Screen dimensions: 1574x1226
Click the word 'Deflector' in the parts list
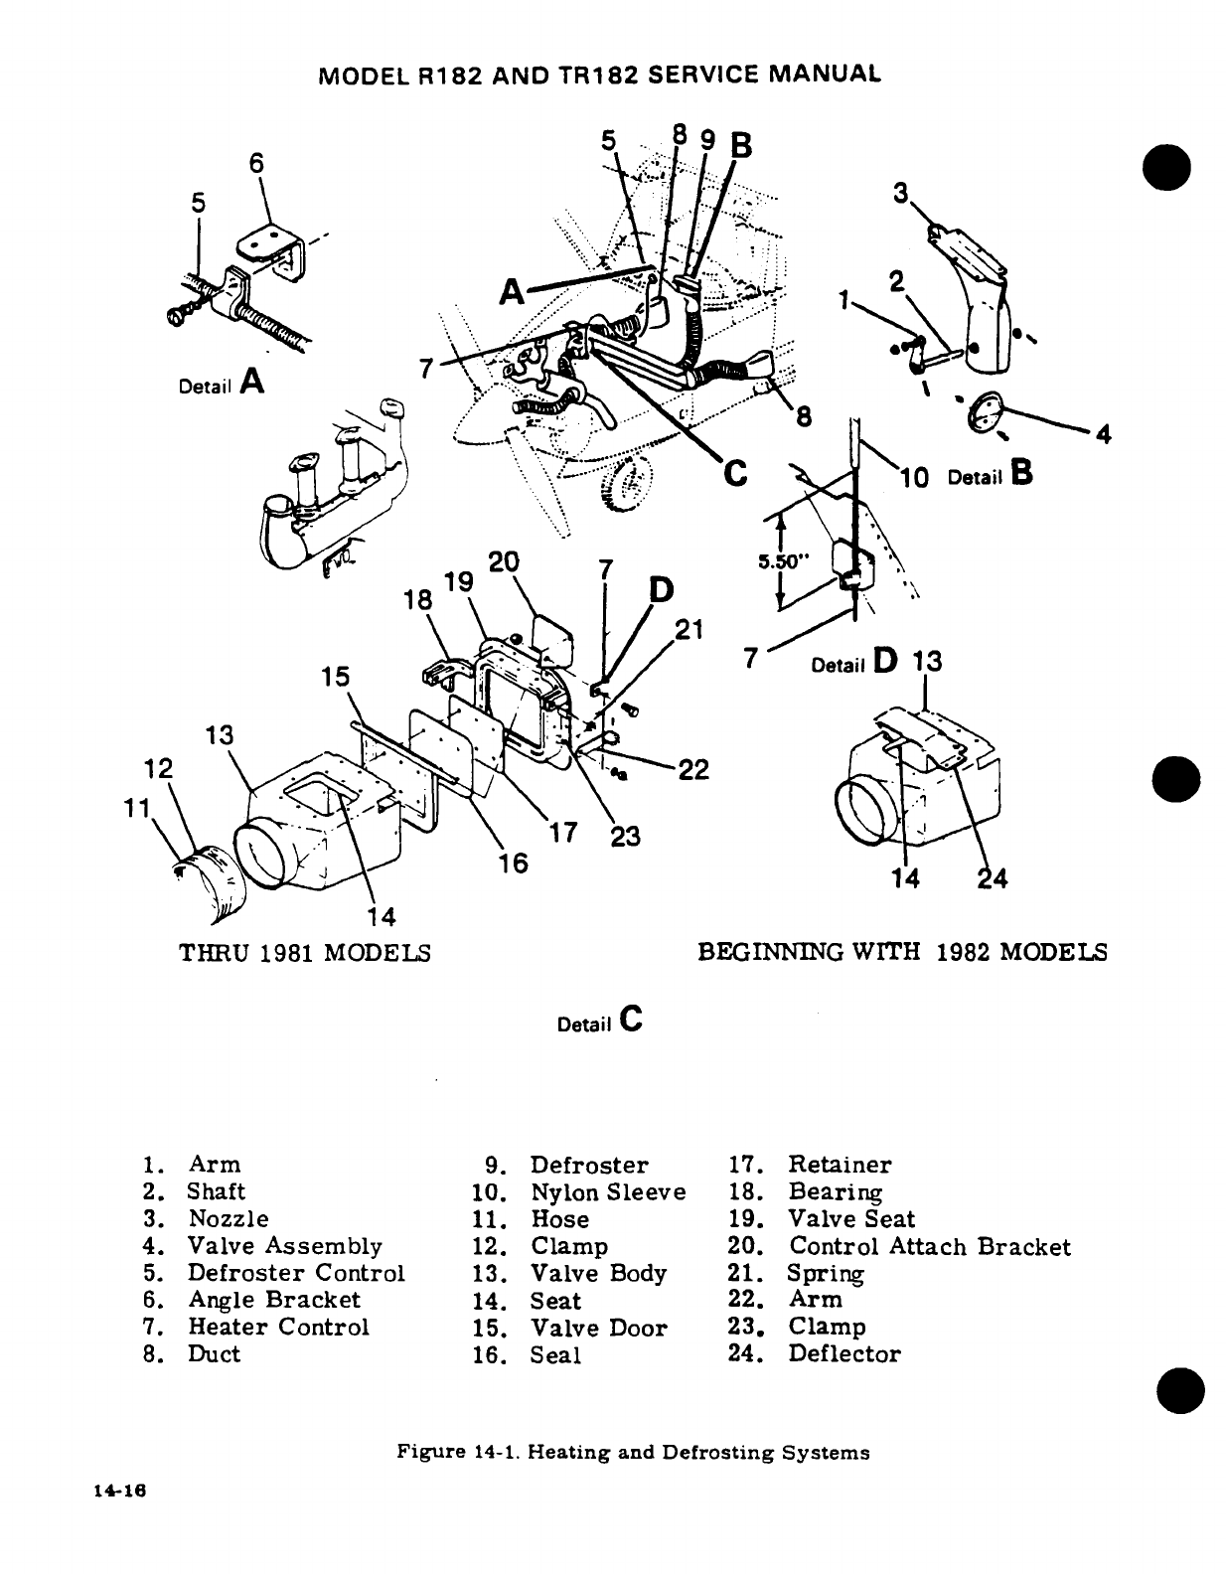click(843, 1353)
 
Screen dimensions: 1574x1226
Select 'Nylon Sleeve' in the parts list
click(608, 1191)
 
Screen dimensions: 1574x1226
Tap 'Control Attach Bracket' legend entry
click(930, 1246)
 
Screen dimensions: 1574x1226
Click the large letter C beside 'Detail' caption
click(631, 1018)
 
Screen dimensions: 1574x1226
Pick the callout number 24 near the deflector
click(993, 878)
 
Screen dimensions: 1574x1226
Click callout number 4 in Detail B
click(1103, 434)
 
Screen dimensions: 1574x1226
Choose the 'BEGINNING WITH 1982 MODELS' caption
click(902, 952)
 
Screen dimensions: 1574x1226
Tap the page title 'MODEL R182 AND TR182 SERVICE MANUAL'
click(596, 75)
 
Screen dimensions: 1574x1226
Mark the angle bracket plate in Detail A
click(266, 245)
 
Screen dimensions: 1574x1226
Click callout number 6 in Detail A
click(255, 164)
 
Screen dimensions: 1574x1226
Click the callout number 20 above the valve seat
click(504, 561)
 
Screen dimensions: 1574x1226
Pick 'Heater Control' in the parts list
click(278, 1327)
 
